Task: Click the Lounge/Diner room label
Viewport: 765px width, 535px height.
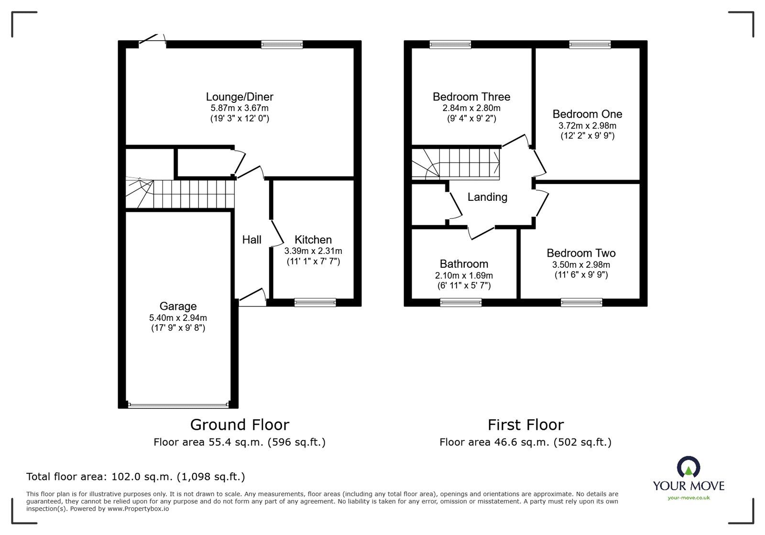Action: [240, 97]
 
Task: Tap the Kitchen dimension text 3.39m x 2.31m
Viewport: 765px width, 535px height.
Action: [313, 251]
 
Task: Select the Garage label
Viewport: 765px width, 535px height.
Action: [178, 306]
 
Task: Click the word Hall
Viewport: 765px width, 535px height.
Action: [251, 240]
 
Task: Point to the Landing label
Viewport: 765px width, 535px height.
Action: [487, 197]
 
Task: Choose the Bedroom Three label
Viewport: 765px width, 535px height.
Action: [471, 97]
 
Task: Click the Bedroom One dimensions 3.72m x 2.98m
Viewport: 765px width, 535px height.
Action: [587, 126]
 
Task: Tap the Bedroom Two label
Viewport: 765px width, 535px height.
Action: [581, 253]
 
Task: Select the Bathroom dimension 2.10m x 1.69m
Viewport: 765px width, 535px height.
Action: [464, 275]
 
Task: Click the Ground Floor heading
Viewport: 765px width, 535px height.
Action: [240, 425]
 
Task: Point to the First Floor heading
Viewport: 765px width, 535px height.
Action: [525, 425]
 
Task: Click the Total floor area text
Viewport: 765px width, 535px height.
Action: [135, 477]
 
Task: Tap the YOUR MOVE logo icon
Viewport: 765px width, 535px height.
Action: [688, 468]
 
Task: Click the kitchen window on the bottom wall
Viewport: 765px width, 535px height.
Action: [315, 302]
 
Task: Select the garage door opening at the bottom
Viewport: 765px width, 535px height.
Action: [178, 405]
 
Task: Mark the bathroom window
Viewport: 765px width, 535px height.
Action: [460, 302]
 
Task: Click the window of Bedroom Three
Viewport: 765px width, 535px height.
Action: [450, 44]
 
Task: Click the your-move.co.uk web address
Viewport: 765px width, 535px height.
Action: [688, 498]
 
